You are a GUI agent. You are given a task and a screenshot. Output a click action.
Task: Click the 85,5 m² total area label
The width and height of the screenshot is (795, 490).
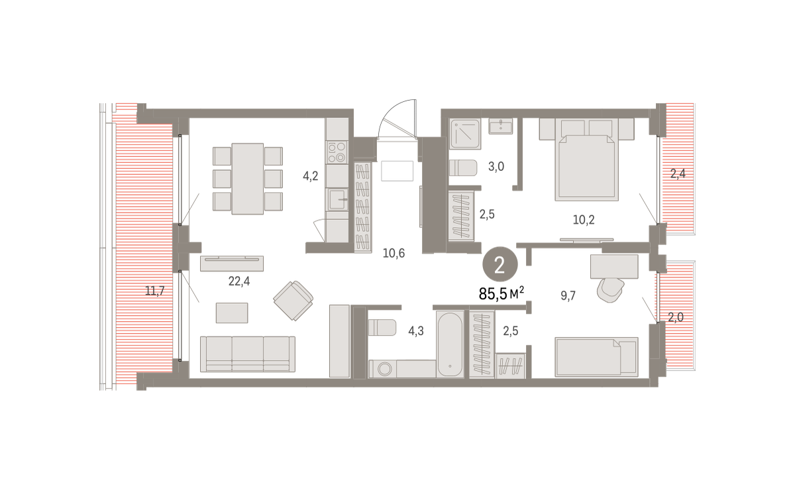click(501, 293)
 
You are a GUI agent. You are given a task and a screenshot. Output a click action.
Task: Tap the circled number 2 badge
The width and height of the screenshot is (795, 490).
click(500, 265)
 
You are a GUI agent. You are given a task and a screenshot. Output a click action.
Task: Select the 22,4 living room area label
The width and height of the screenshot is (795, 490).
click(239, 281)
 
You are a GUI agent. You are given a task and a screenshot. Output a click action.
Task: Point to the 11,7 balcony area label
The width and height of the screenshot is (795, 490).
click(155, 291)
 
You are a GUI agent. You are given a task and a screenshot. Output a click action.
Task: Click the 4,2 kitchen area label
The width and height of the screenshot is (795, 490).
click(310, 175)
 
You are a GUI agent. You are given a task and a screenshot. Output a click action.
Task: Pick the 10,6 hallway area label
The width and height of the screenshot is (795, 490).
click(394, 253)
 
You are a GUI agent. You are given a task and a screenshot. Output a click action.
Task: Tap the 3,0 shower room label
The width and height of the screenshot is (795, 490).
click(496, 166)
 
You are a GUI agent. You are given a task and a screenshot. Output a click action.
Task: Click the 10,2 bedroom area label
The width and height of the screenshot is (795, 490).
click(584, 220)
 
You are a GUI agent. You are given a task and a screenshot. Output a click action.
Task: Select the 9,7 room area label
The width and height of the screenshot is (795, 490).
click(568, 295)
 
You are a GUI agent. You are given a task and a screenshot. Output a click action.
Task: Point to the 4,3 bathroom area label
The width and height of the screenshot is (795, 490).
click(415, 331)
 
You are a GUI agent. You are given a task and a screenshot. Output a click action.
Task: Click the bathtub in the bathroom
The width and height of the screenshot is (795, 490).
click(450, 344)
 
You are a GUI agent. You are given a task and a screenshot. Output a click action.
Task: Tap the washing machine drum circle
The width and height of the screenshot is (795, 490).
click(384, 369)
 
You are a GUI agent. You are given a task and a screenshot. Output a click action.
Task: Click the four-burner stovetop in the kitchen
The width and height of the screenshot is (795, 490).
click(337, 152)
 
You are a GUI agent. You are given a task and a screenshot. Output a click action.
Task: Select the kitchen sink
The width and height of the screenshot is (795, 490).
click(337, 199)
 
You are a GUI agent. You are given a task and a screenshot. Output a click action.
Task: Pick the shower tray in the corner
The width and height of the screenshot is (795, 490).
click(465, 133)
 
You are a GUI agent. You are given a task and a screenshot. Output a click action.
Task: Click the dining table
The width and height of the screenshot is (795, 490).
click(248, 179)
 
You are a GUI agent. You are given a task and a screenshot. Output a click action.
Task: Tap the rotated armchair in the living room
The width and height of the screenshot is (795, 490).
click(293, 301)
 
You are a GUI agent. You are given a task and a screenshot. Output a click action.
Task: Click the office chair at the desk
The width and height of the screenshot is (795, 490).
click(610, 290)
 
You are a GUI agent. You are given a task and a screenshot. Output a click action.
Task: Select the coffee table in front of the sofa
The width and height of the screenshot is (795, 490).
click(232, 313)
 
